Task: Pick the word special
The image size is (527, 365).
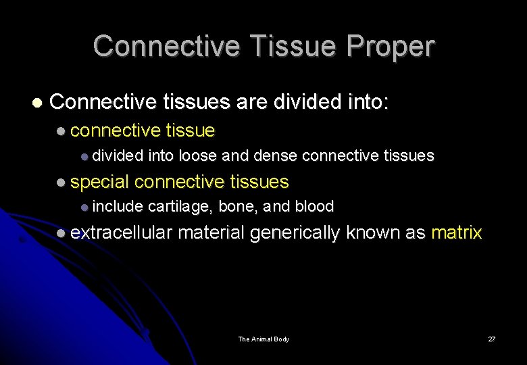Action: point(99,182)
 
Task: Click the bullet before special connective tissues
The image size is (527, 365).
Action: point(61,182)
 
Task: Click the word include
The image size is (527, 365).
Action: point(118,206)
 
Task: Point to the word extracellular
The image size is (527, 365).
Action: point(122,233)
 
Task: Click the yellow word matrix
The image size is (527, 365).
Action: point(456,233)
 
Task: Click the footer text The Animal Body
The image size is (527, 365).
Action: point(263,339)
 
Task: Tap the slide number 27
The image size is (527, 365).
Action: point(491,339)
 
